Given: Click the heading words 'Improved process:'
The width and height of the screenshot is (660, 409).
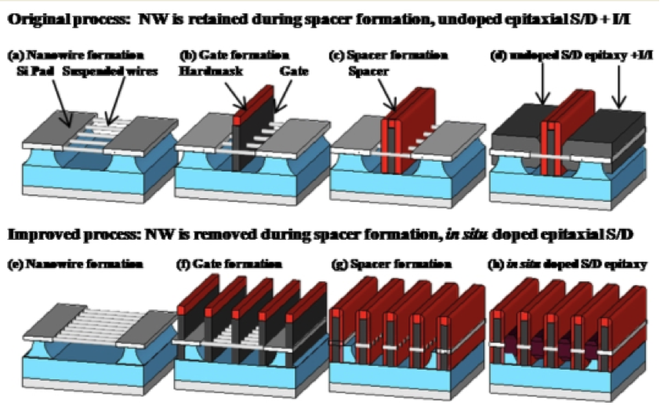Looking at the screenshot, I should point(63,234).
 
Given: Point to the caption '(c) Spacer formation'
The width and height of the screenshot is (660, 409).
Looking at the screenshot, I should point(390,56).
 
